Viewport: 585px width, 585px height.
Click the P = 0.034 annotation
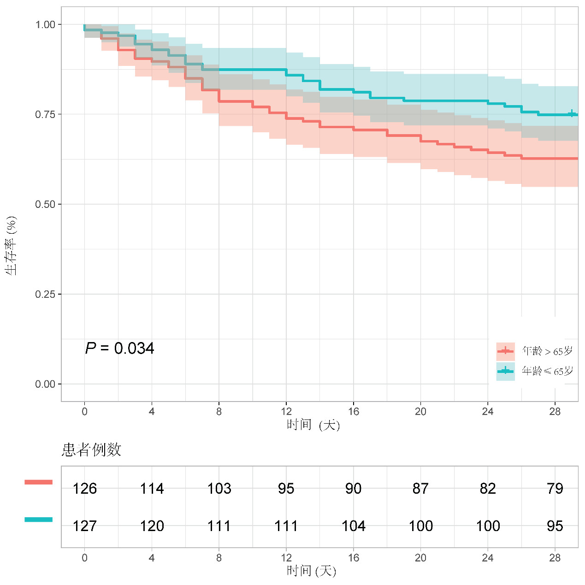[119, 349]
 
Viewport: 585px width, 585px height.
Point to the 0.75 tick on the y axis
[45, 114]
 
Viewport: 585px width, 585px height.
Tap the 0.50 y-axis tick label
[45, 204]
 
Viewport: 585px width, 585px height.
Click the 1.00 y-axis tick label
[45, 24]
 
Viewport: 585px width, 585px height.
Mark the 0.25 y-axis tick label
[45, 294]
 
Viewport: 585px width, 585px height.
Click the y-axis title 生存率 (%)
[12, 245]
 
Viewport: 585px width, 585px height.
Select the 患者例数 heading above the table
[91, 449]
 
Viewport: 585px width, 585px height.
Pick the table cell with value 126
[85, 489]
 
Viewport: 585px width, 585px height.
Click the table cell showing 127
[85, 526]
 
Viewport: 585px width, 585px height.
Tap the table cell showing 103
[219, 489]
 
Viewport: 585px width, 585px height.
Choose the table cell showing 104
[354, 526]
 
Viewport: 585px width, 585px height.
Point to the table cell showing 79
[555, 489]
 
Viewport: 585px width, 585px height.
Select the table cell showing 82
[488, 489]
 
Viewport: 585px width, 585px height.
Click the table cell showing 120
[152, 526]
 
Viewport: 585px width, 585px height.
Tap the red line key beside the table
[39, 482]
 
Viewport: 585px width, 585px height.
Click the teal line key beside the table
[39, 520]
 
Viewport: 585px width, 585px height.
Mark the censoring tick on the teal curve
[572, 113]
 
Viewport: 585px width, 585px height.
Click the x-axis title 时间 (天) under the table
[312, 571]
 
